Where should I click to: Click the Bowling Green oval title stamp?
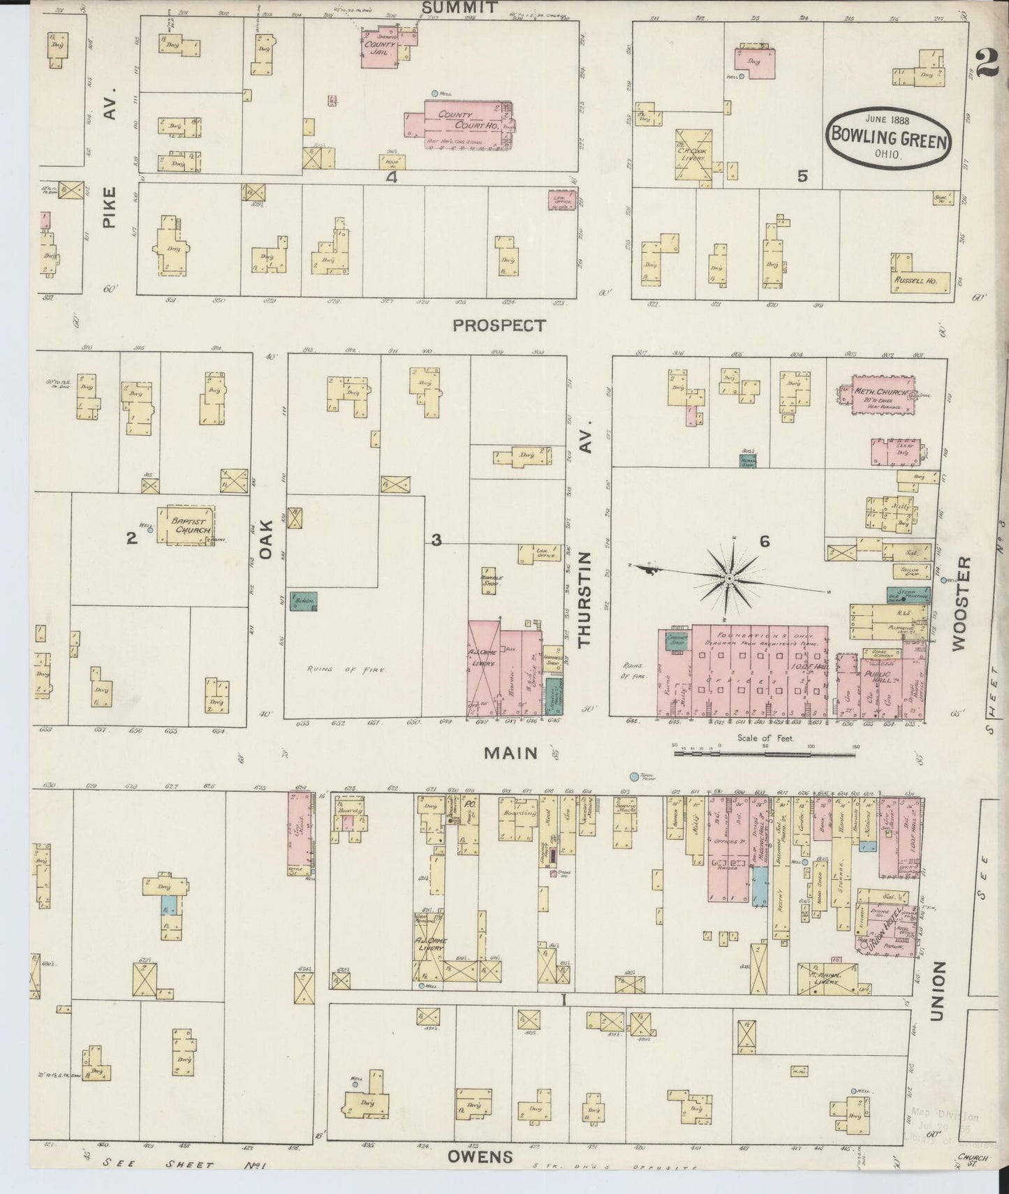(888, 136)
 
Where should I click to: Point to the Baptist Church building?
(184, 526)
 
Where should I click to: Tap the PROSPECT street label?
(499, 325)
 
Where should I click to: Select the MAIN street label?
(512, 753)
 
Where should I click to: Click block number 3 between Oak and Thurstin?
(436, 539)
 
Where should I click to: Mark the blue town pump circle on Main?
(634, 776)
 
